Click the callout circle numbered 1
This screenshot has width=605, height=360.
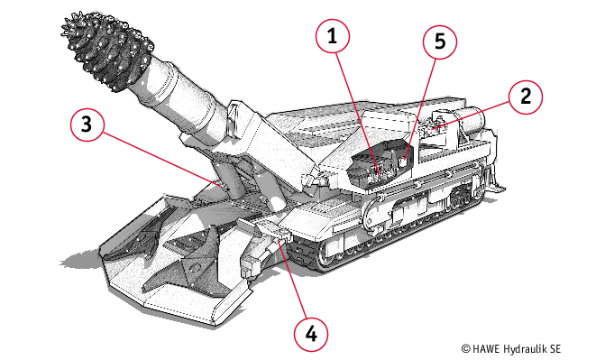pyautogui.click(x=332, y=36)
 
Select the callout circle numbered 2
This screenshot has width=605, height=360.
pyautogui.click(x=526, y=97)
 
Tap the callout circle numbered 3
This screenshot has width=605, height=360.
pyautogui.click(x=87, y=124)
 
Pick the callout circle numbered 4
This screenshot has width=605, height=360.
pyautogui.click(x=311, y=334)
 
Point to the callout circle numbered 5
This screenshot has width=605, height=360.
pyautogui.click(x=440, y=42)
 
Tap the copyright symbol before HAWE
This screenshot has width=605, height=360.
pyautogui.click(x=466, y=349)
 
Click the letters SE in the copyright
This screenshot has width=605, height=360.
pyautogui.click(x=555, y=349)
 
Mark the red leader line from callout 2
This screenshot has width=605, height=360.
pyautogui.click(x=472, y=115)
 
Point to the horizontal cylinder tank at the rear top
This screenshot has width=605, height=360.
pyautogui.click(x=469, y=122)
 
